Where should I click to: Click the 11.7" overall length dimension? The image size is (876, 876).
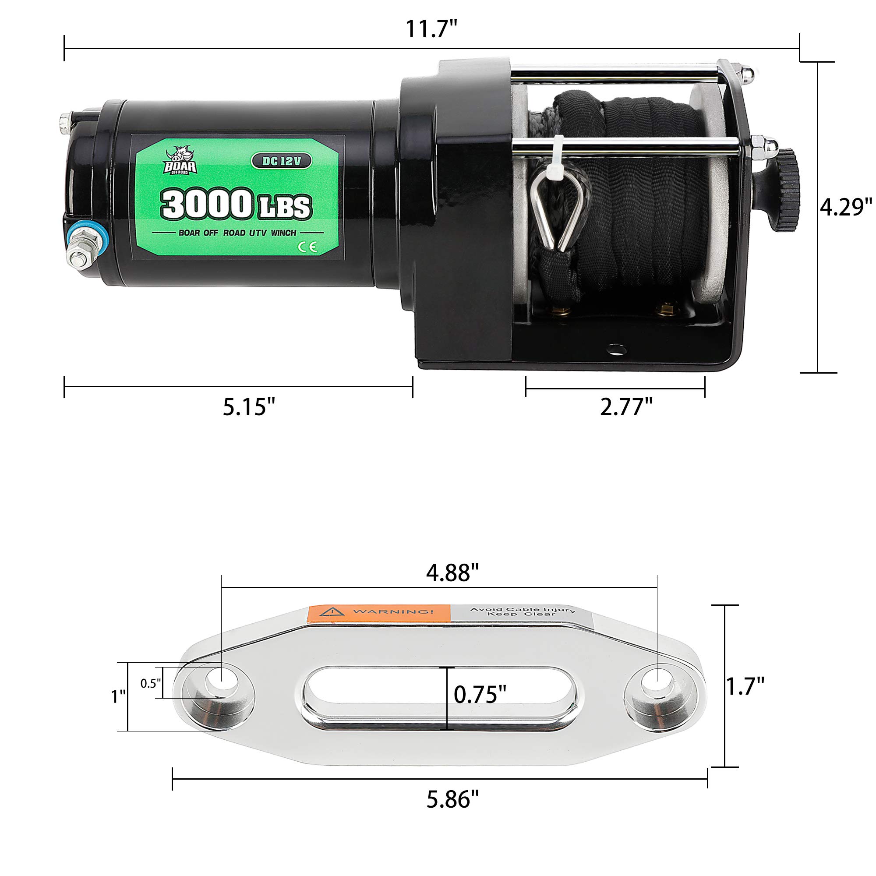(x=430, y=29)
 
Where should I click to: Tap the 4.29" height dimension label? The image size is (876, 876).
(x=846, y=207)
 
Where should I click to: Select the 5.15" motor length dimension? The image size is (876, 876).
(x=249, y=407)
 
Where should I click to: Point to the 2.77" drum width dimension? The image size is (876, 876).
(x=626, y=407)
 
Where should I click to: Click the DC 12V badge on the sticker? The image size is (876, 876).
(x=281, y=161)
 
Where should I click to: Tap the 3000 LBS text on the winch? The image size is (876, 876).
(x=236, y=205)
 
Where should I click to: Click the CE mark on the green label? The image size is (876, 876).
(x=307, y=247)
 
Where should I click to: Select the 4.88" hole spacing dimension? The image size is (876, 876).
(x=452, y=572)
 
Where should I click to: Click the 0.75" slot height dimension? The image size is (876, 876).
(x=480, y=694)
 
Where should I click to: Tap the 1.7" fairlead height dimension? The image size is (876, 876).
(x=745, y=685)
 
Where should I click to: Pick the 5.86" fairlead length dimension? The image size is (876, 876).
(x=452, y=799)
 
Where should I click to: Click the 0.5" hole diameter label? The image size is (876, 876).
(x=151, y=683)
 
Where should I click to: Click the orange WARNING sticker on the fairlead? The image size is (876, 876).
(x=378, y=613)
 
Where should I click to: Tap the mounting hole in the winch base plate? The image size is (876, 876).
(x=615, y=349)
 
